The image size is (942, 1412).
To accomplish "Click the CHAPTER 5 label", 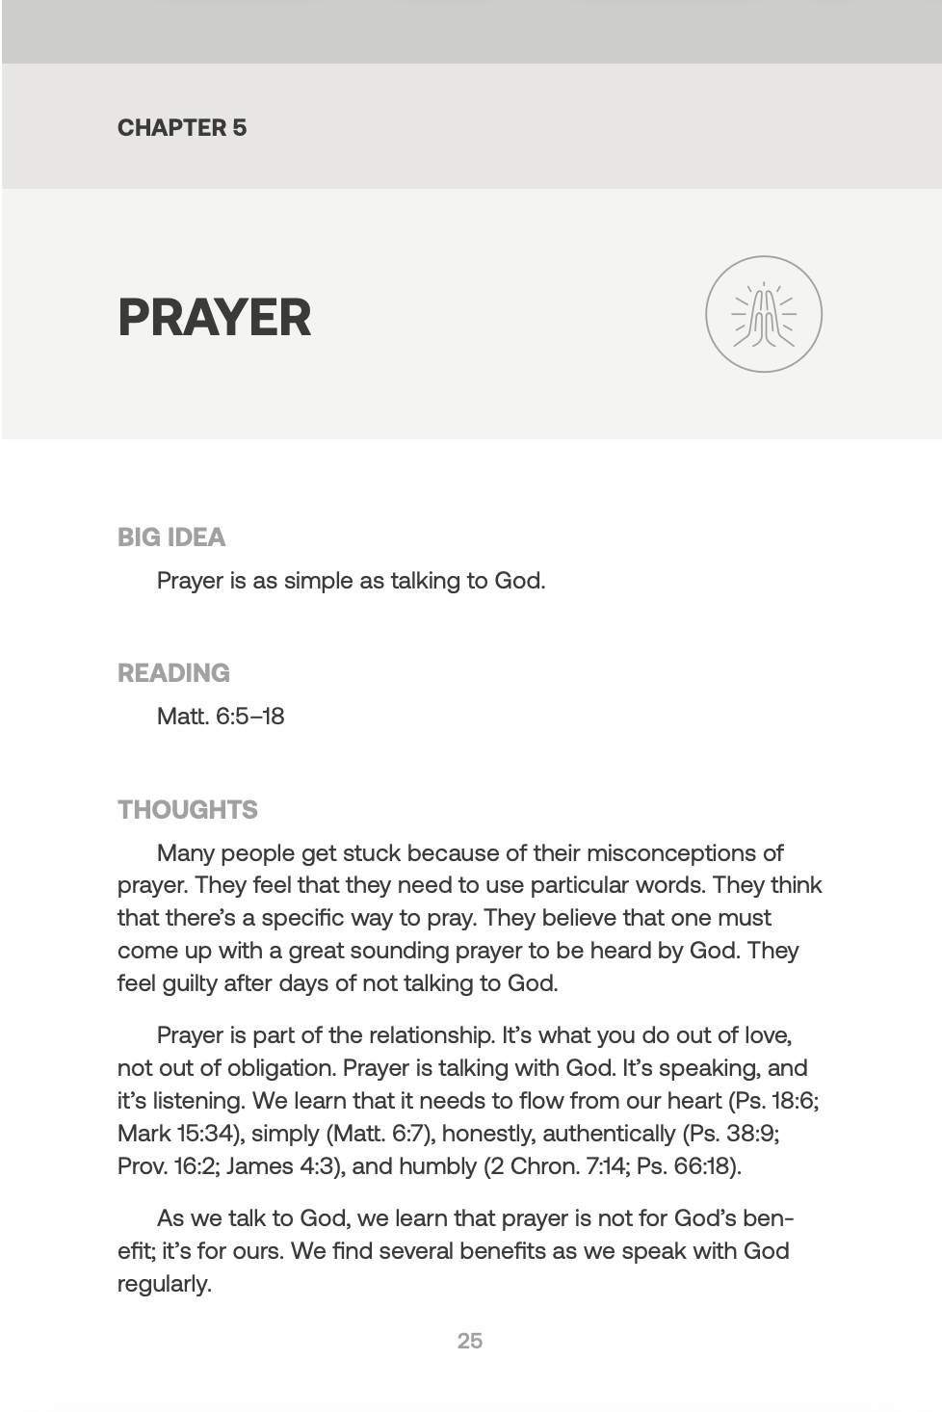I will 182,127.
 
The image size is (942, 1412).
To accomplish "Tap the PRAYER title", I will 215,318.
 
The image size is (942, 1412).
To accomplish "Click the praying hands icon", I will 764,314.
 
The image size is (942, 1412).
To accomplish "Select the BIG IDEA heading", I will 171,536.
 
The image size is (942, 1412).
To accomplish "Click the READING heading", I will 173,672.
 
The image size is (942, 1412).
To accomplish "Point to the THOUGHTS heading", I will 188,809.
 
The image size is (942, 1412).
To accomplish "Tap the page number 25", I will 470,1341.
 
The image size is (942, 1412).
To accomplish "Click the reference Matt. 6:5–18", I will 221,717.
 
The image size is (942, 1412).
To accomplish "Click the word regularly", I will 164,1284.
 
